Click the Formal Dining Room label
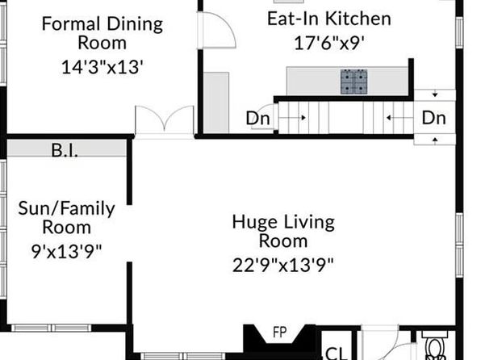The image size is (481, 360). pos(102,33)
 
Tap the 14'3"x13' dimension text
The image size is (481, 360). pos(102,67)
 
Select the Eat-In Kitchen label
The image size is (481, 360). pos(329,19)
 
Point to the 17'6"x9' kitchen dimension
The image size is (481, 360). pos(329,43)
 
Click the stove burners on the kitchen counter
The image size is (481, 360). pos(354,82)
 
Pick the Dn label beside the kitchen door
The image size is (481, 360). pos(258,118)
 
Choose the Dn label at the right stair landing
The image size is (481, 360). pos(433,118)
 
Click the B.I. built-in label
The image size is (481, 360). pos(65,150)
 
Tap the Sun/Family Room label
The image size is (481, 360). pos(66,218)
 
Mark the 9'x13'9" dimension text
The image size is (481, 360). pos(66,252)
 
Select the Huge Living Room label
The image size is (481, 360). pos(283,231)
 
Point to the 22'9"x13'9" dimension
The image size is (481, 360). pos(282,266)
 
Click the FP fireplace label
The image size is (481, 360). pos(280,333)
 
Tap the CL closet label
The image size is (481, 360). pos(337,354)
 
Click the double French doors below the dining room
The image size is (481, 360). pos(165,122)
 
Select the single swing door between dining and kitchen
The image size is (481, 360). pos(216,30)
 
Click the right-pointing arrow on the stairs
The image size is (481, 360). pos(292,118)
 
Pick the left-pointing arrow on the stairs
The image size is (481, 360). pos(400,118)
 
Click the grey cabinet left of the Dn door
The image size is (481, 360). pos(216,103)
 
